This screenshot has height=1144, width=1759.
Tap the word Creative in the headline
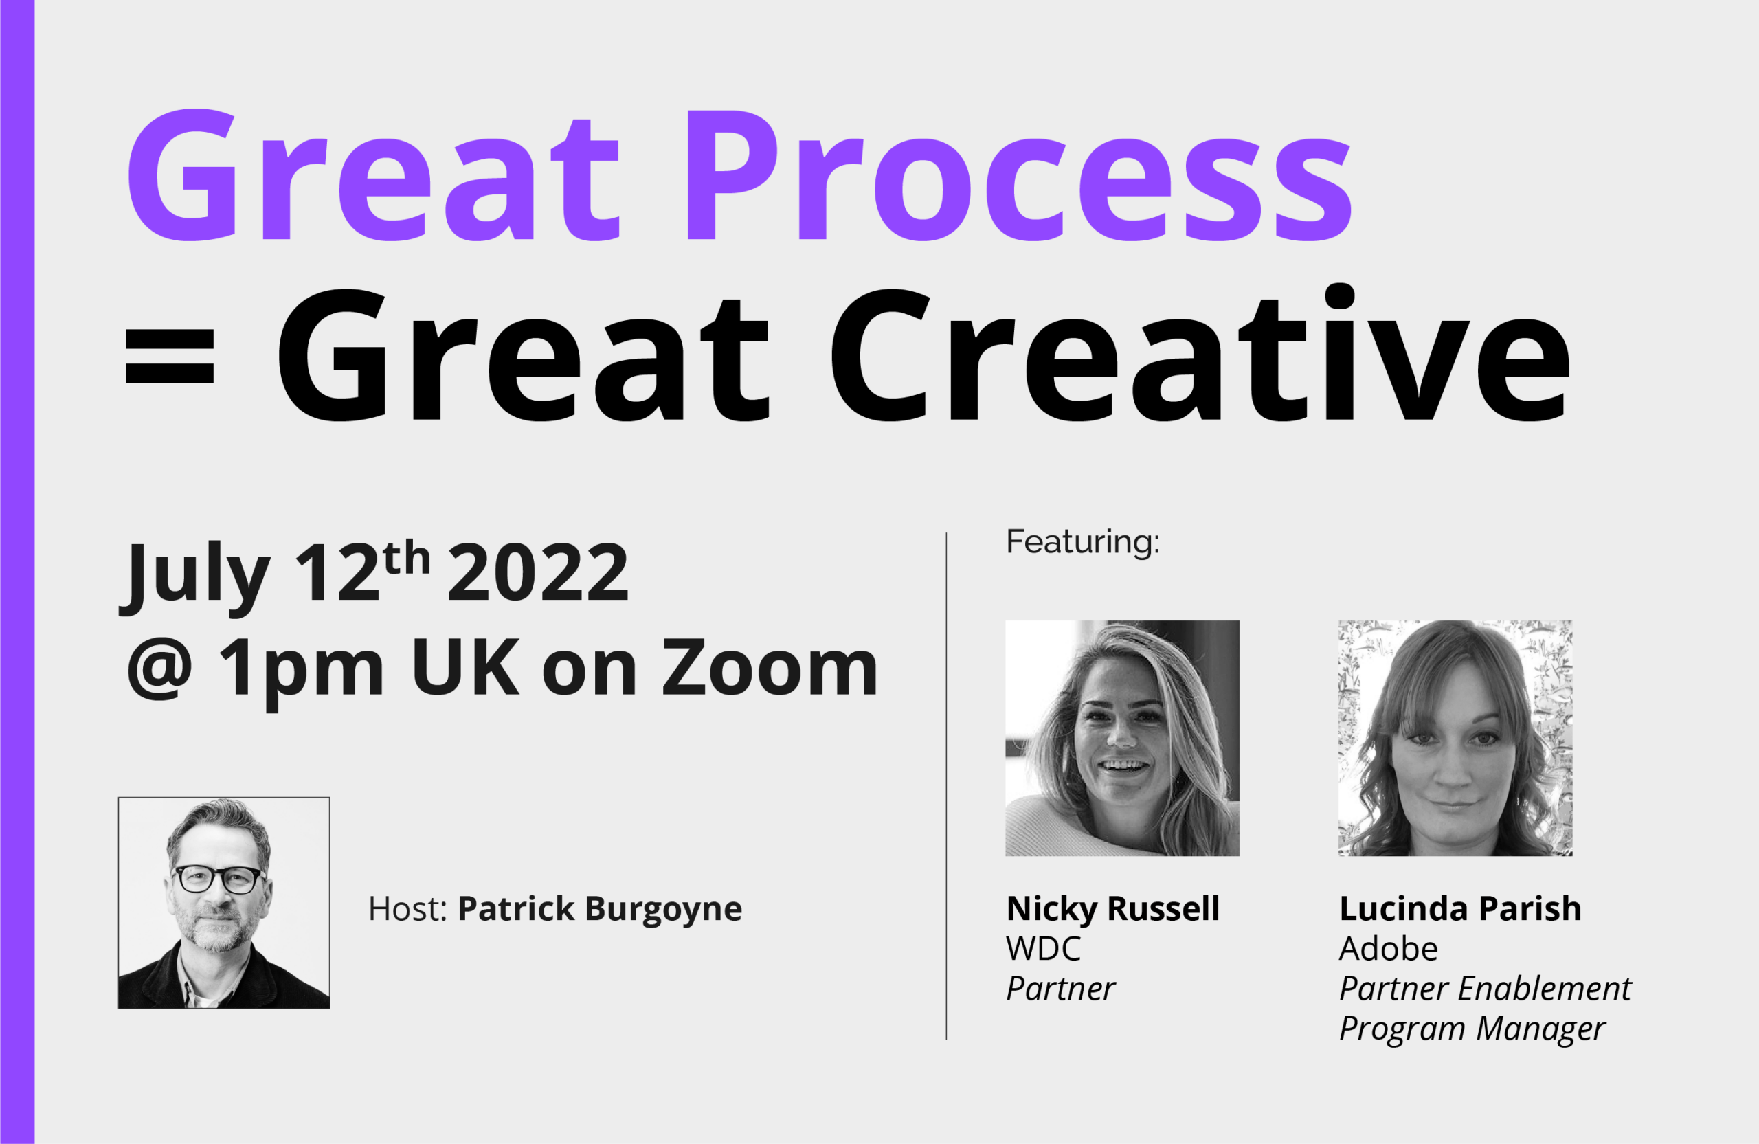tap(1201, 353)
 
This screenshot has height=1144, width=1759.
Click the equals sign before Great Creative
tap(170, 356)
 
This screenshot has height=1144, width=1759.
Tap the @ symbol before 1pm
tap(159, 669)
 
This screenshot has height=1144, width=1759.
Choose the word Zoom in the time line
tap(770, 667)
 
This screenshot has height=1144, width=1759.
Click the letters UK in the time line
tap(466, 666)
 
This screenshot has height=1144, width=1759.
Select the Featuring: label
tap(1083, 541)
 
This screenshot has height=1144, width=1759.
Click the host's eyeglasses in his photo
tap(219, 879)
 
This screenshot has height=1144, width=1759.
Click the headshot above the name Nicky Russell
tap(1122, 737)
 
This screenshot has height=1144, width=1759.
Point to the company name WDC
tap(1043, 949)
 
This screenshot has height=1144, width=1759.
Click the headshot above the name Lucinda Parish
tap(1455, 737)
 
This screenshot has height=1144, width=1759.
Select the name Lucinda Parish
tap(1460, 909)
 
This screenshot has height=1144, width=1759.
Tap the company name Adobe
tap(1389, 949)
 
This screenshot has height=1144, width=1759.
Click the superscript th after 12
tap(407, 558)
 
